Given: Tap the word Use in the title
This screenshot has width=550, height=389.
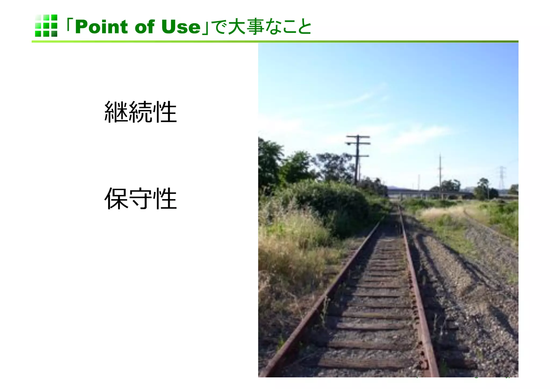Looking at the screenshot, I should pos(181,27).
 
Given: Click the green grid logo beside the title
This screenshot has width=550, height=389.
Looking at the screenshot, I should pos(46,26).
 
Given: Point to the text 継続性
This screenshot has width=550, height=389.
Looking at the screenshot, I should pos(140,112).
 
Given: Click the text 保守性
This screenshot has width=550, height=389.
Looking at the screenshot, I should pos(140,199).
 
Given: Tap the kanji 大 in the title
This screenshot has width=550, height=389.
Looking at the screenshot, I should pos(236,27).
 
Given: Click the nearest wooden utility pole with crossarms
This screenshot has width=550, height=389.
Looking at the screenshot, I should pos(357,159).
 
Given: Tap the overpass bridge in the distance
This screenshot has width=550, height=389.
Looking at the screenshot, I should pos(427,192).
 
